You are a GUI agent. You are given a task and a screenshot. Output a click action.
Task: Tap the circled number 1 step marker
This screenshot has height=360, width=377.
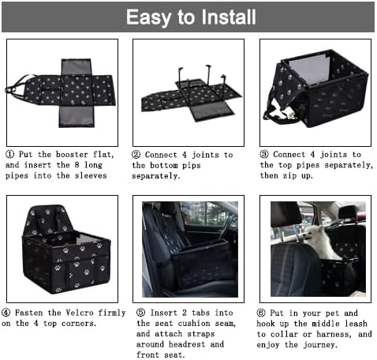[x=10, y=155]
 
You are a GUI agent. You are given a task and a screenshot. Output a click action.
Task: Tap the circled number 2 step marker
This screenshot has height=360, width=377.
[x=136, y=155]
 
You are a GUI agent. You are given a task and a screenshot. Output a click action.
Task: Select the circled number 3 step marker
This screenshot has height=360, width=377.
[x=265, y=155]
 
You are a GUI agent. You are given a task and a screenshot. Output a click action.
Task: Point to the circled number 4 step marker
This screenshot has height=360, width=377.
[x=10, y=312]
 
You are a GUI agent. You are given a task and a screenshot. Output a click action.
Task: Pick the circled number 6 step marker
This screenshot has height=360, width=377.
[x=265, y=312]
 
